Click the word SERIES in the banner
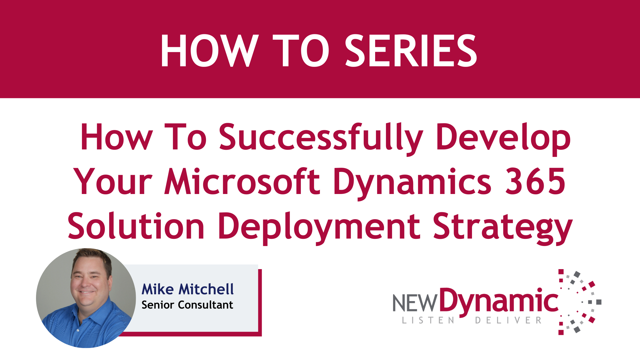coord(411,51)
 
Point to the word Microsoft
coord(242,181)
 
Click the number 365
coord(535,181)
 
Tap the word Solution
coord(136,226)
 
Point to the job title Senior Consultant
coord(187,305)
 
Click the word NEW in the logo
coord(415,303)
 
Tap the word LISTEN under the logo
coord(428,320)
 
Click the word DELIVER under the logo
coord(508,320)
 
